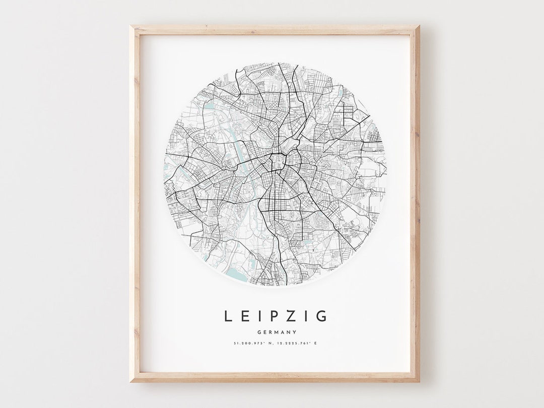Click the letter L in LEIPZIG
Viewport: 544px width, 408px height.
coord(228,316)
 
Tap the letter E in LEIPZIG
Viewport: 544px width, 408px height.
coord(244,316)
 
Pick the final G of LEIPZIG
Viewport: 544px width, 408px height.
coord(322,316)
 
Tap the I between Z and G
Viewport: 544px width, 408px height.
coord(305,316)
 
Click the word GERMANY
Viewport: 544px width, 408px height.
coord(276,332)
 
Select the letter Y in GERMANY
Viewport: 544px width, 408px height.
coord(294,332)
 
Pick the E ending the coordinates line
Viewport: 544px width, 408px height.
coord(317,344)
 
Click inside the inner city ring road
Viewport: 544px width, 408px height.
coord(277,162)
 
